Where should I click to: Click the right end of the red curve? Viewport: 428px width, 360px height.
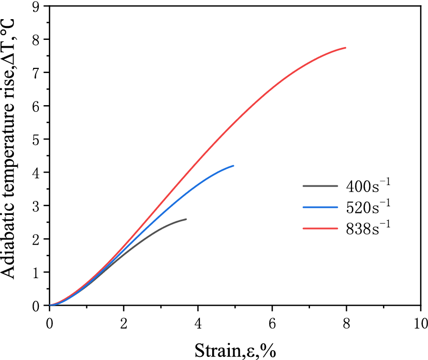345,48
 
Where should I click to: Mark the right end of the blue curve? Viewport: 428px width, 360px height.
233,166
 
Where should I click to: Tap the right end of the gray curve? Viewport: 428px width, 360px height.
186,219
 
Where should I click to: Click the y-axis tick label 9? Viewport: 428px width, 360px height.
35,6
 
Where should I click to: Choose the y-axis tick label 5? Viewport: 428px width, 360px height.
35,139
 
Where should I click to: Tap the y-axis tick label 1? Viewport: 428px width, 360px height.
35,272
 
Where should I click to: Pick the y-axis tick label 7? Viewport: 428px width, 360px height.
35,73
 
